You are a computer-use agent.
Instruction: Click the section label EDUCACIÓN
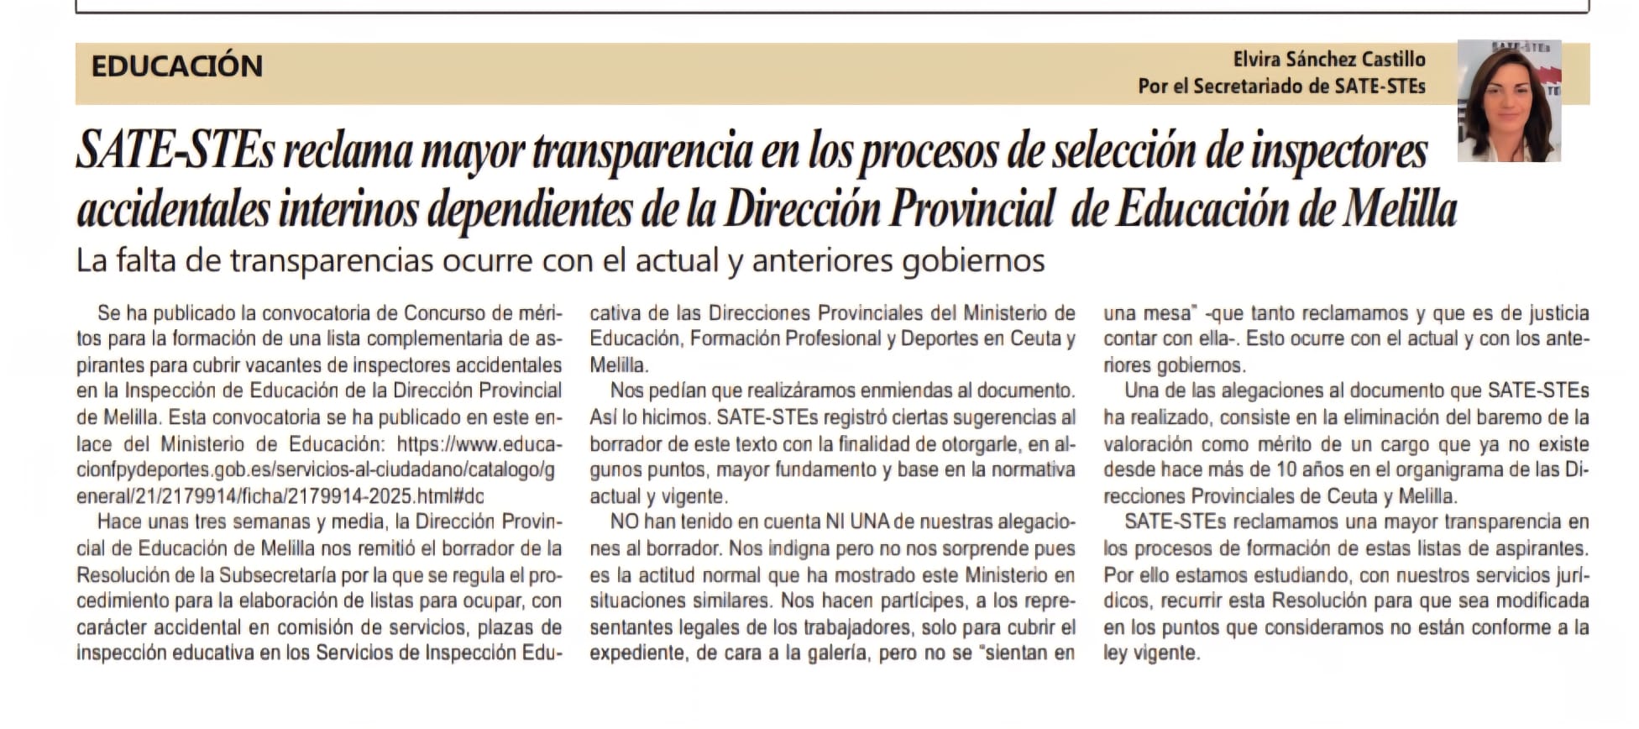coord(176,66)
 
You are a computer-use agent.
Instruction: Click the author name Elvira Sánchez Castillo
coord(1328,60)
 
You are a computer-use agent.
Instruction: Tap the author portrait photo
coord(1508,101)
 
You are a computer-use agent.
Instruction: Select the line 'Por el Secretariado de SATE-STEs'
coord(1281,87)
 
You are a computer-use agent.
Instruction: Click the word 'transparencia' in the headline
coord(642,152)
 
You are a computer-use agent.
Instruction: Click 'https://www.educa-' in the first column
coord(479,444)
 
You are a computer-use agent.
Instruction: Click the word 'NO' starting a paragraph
coord(625,522)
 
